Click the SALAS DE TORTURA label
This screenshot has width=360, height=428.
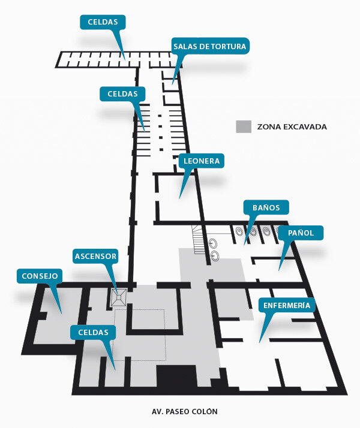[210, 46]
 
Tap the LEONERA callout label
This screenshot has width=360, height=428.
[202, 161]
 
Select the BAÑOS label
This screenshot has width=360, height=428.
[266, 207]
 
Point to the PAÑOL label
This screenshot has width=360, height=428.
[301, 233]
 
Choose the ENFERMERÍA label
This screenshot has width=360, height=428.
[287, 305]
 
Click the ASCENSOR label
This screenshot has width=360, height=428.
[95, 256]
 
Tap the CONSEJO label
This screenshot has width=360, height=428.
[40, 276]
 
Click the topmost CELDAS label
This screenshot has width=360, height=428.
[103, 22]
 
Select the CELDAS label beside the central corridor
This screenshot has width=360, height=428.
[122, 94]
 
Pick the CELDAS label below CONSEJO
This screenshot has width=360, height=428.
[93, 332]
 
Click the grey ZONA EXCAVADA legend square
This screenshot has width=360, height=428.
[244, 126]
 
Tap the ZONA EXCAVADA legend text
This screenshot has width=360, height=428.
[292, 126]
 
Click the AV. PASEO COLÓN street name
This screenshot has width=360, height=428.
[185, 411]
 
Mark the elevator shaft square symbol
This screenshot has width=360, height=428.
[119, 297]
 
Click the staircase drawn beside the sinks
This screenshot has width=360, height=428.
[198, 240]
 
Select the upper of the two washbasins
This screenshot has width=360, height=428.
[213, 243]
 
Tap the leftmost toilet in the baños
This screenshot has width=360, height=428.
[239, 231]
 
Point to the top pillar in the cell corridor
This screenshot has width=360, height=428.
[160, 116]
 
